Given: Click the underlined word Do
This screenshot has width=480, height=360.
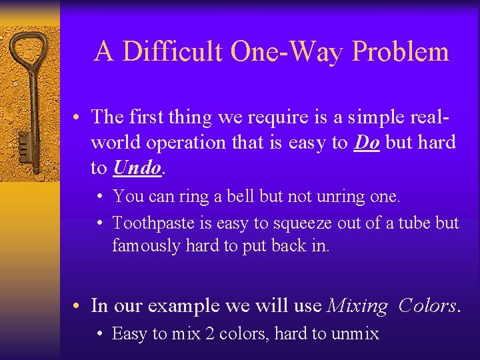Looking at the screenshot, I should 367,142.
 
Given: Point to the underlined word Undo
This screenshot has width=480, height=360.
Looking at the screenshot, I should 137,167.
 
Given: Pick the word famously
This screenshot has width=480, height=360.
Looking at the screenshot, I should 146,245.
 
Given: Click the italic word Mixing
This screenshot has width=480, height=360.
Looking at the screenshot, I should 357,306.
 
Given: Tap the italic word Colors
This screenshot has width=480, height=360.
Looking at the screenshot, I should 427,306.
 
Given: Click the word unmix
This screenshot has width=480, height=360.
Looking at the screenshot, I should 355,333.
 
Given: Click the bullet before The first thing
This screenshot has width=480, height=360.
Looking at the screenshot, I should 79,117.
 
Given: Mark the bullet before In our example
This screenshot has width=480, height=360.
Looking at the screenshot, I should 79,306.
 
